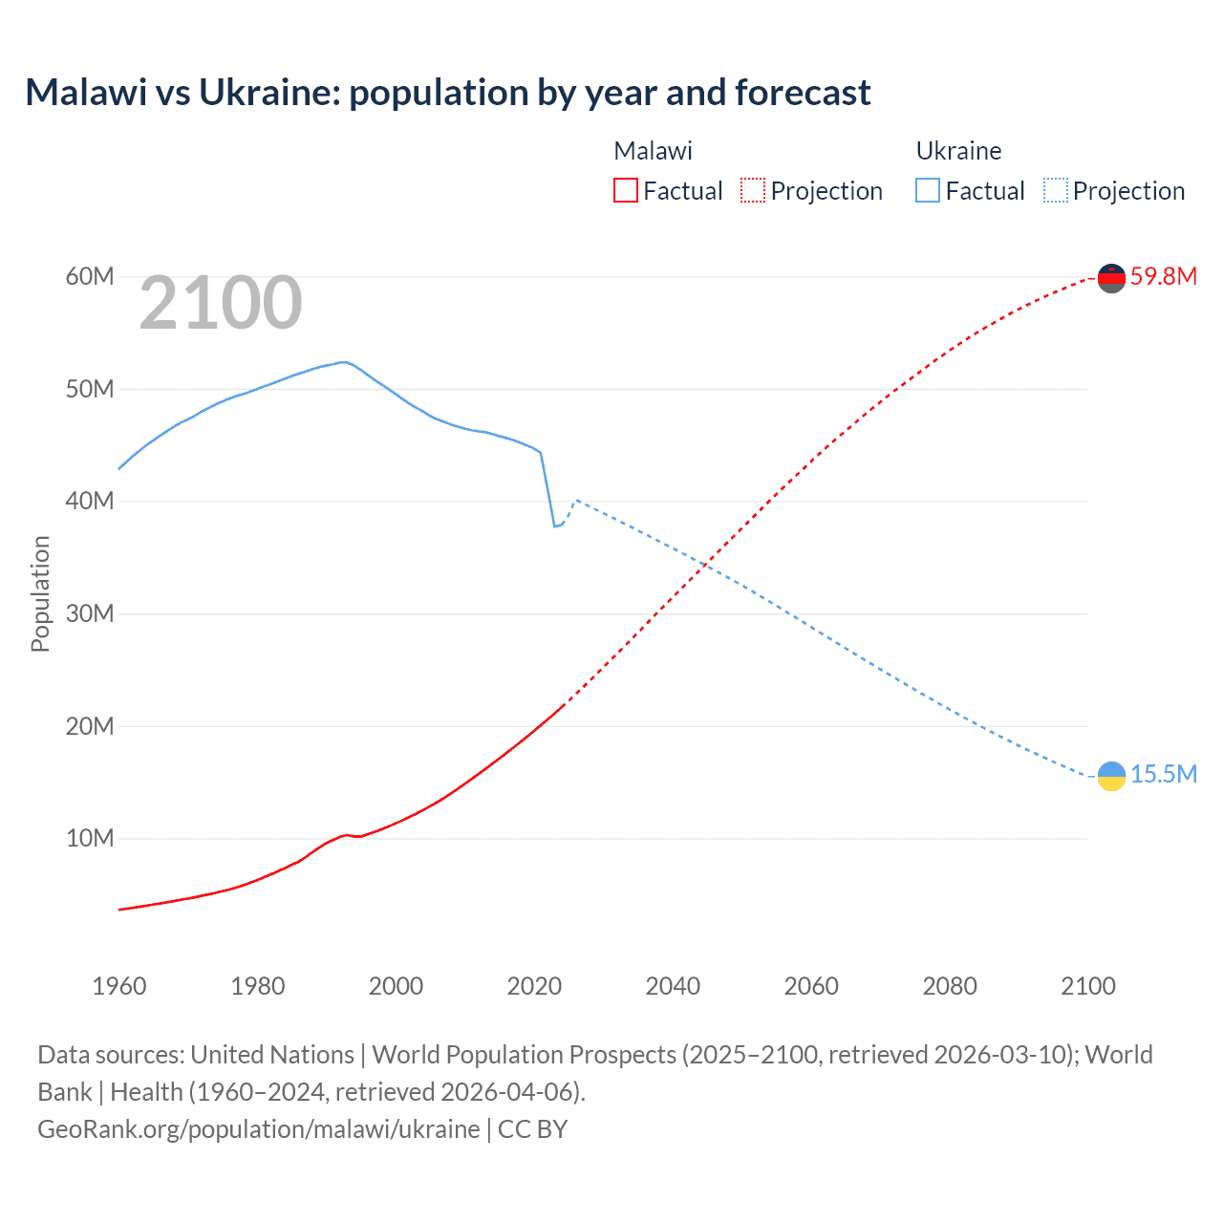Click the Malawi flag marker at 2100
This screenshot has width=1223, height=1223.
click(x=1111, y=278)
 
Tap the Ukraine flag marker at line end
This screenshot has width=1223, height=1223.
click(x=1111, y=776)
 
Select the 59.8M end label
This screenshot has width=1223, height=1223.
click(x=1163, y=277)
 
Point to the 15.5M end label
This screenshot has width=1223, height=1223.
click(x=1163, y=774)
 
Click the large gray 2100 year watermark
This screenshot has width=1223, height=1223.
click(x=221, y=303)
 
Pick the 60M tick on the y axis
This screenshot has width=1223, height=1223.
click(x=90, y=277)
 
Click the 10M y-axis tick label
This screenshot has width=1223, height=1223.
click(x=90, y=839)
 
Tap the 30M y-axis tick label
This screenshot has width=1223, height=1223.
click(x=90, y=613)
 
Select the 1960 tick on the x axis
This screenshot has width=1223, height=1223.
click(x=119, y=986)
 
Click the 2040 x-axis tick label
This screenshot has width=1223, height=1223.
click(x=673, y=986)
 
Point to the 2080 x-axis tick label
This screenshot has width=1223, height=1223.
click(x=950, y=986)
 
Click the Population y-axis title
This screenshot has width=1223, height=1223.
click(x=40, y=593)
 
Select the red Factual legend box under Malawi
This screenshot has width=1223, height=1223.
click(x=625, y=190)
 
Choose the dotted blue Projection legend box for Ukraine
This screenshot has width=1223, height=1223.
click(x=1055, y=190)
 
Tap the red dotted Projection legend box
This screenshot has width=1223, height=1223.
click(x=753, y=190)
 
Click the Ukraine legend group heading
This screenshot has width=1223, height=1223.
click(x=958, y=151)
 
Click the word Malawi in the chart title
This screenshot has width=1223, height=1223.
click(x=86, y=93)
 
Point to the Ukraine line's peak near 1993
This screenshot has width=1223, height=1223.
click(x=345, y=362)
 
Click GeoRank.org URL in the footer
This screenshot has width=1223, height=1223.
click(x=259, y=1129)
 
